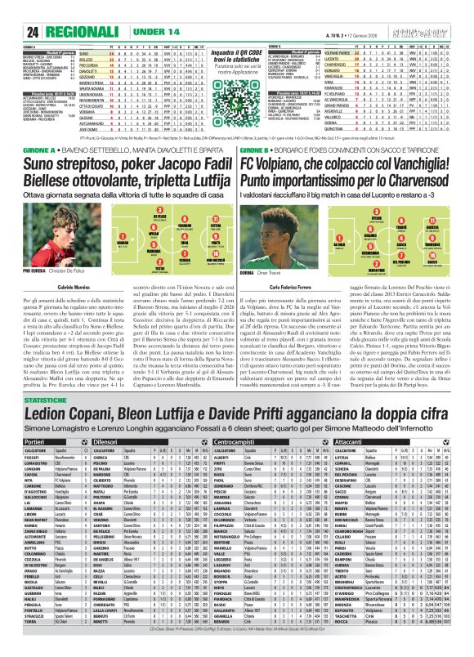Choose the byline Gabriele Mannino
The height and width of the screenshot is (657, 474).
[46, 277]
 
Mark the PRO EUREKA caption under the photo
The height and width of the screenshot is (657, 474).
[16, 266]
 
